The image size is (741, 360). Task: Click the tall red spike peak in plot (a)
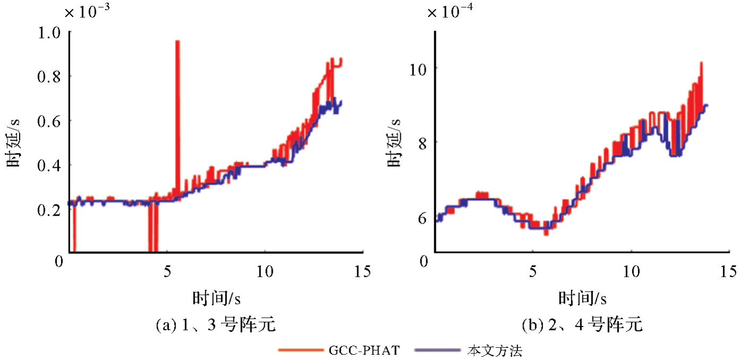point(177,42)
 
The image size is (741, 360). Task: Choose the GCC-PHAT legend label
point(364,350)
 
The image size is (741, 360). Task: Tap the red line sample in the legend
point(299,350)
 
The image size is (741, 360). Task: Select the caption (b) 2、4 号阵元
point(582,324)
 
